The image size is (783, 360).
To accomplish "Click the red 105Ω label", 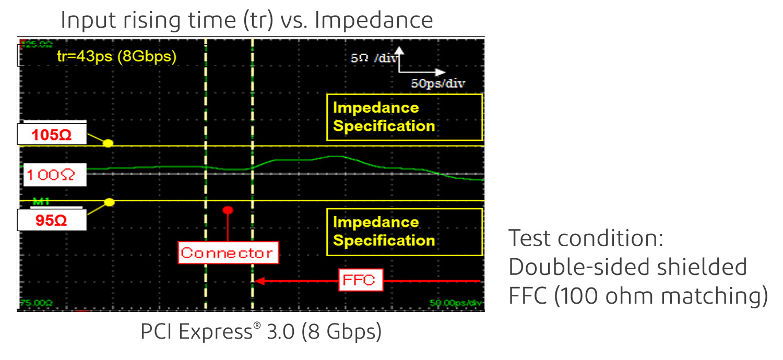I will pos(51,135).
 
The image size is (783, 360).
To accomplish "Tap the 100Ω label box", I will pos(51,175).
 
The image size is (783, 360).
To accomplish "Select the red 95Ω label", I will pos(51,220).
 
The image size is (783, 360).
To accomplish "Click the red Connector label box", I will pos(227,253).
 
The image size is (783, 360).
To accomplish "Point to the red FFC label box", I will pos(359,281).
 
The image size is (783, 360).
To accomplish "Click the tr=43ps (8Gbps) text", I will pos(116,56).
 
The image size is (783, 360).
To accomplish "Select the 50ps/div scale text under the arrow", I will pos(438,83).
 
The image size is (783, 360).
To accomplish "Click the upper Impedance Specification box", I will pos(405,117).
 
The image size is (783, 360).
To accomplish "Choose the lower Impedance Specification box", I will pos(405,232).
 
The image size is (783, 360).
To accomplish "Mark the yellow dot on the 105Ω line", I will pos(109,142).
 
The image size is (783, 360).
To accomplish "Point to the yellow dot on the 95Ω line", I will pos(109,202).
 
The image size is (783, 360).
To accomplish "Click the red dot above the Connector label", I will pos(228,210).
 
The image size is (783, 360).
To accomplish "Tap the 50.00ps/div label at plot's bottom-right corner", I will pos(455,303).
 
